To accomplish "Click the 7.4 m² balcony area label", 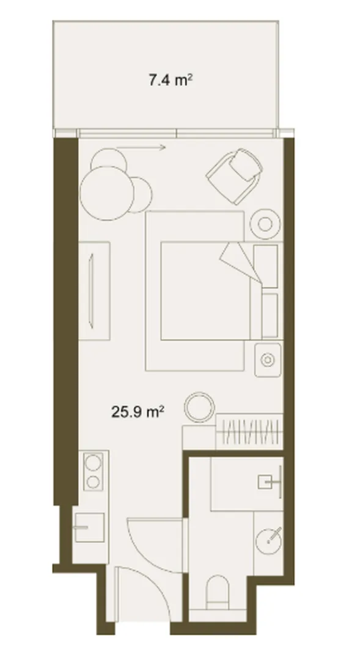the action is point(171,79).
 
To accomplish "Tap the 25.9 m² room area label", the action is point(138,411).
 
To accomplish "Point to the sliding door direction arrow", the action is point(141,147).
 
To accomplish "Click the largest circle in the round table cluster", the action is point(106,193).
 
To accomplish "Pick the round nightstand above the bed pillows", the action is point(265,224).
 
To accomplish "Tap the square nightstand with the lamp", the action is point(268,359).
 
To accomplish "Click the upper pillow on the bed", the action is point(266,266).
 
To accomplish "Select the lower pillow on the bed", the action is point(270,315).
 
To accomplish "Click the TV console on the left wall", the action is point(94,290).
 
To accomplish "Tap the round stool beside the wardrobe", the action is point(200,407).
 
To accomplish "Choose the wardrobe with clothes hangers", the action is point(249,431).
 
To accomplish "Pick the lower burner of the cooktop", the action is point(93,481).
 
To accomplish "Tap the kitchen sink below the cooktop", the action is point(89,527).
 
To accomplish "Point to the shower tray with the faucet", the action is point(246,484).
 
